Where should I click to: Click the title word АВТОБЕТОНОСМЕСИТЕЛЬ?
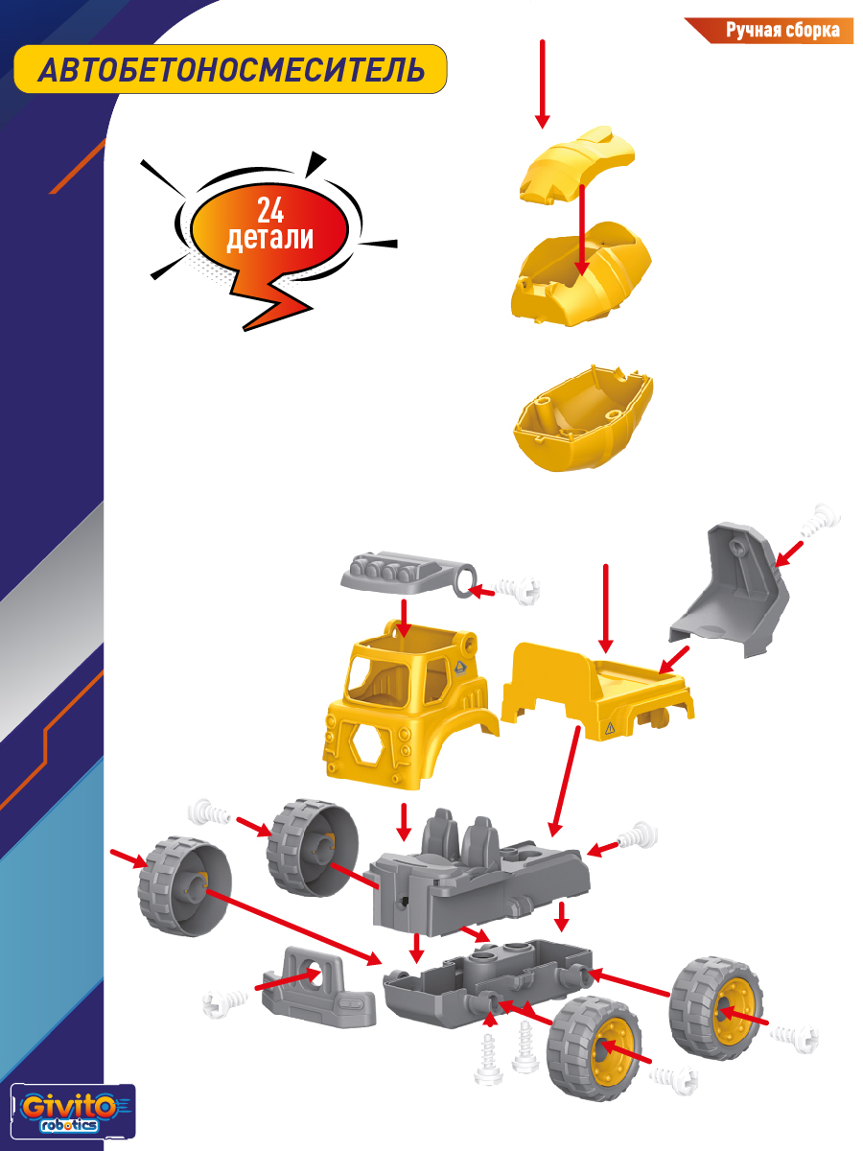[x=231, y=70]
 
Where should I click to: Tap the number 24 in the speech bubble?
[x=270, y=211]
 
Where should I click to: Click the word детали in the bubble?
[x=269, y=238]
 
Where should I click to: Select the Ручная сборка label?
[x=782, y=31]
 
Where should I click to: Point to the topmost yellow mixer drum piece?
[x=577, y=164]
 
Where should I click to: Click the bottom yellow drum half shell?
[x=583, y=418]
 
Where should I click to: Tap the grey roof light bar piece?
[x=408, y=575]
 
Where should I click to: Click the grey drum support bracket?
[x=729, y=589]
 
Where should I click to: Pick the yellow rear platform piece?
[x=596, y=690]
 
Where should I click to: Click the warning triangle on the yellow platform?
[x=610, y=727]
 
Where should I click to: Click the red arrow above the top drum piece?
[x=543, y=83]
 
